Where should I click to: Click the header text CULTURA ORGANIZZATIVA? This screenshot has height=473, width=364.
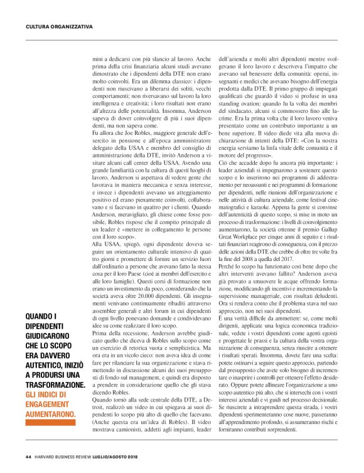coord(59,27)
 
